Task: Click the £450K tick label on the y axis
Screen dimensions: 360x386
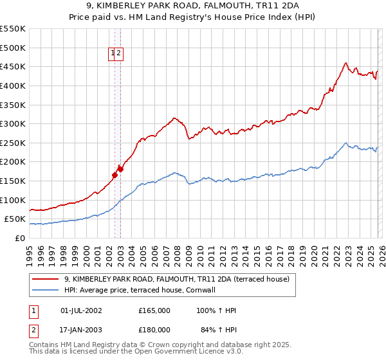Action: pyautogui.click(x=13, y=66)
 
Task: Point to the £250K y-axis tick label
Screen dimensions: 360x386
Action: pyautogui.click(x=13, y=143)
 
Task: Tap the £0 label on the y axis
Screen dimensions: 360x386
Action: pyautogui.click(x=21, y=238)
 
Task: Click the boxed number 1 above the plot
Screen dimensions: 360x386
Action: pyautogui.click(x=113, y=54)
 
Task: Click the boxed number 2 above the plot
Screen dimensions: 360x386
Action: pyautogui.click(x=120, y=54)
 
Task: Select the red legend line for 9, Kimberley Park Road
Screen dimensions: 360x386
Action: pyautogui.click(x=44, y=279)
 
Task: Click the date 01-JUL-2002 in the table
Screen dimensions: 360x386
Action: pyautogui.click(x=81, y=310)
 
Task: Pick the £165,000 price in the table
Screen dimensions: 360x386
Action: pyautogui.click(x=154, y=310)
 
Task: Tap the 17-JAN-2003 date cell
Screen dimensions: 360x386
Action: pyautogui.click(x=81, y=330)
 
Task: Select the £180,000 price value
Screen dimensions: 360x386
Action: pyautogui.click(x=154, y=330)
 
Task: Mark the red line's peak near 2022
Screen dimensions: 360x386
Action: pyautogui.click(x=345, y=63)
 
